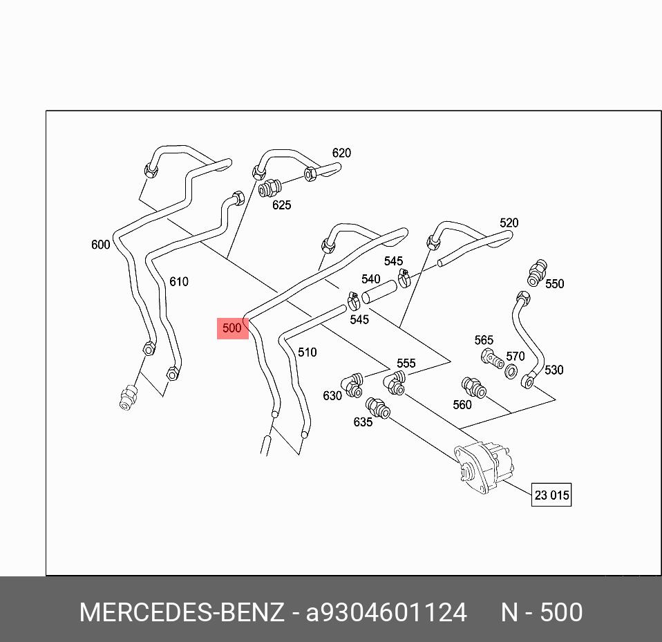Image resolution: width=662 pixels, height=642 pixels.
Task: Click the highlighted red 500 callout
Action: click(x=232, y=328)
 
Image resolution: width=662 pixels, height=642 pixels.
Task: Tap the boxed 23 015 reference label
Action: click(x=551, y=495)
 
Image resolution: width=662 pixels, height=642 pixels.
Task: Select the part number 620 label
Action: click(x=341, y=153)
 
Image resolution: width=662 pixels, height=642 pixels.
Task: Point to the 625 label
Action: click(x=281, y=205)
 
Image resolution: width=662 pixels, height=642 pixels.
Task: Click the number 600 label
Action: click(x=100, y=245)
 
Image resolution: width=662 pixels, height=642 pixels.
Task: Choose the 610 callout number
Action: click(x=178, y=281)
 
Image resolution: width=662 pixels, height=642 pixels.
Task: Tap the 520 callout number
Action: click(x=509, y=223)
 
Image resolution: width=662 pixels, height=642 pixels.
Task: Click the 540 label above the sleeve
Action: click(x=370, y=279)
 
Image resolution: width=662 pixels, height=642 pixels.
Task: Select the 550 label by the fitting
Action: click(x=554, y=283)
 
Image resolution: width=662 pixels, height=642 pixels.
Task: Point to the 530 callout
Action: click(x=554, y=370)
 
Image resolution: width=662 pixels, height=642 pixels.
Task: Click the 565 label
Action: click(x=484, y=340)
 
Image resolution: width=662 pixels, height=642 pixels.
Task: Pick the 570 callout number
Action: click(x=515, y=357)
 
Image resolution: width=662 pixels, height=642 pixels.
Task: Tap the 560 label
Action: click(x=462, y=405)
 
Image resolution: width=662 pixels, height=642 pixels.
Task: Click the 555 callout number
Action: click(x=406, y=364)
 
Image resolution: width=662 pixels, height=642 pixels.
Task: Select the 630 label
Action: click(x=332, y=396)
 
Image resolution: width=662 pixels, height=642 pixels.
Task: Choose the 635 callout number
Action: click(x=363, y=422)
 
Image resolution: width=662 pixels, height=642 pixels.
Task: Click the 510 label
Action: click(x=307, y=352)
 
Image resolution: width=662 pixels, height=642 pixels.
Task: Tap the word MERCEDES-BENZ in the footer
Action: click(x=181, y=612)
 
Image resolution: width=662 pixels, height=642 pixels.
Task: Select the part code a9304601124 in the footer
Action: click(x=386, y=612)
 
